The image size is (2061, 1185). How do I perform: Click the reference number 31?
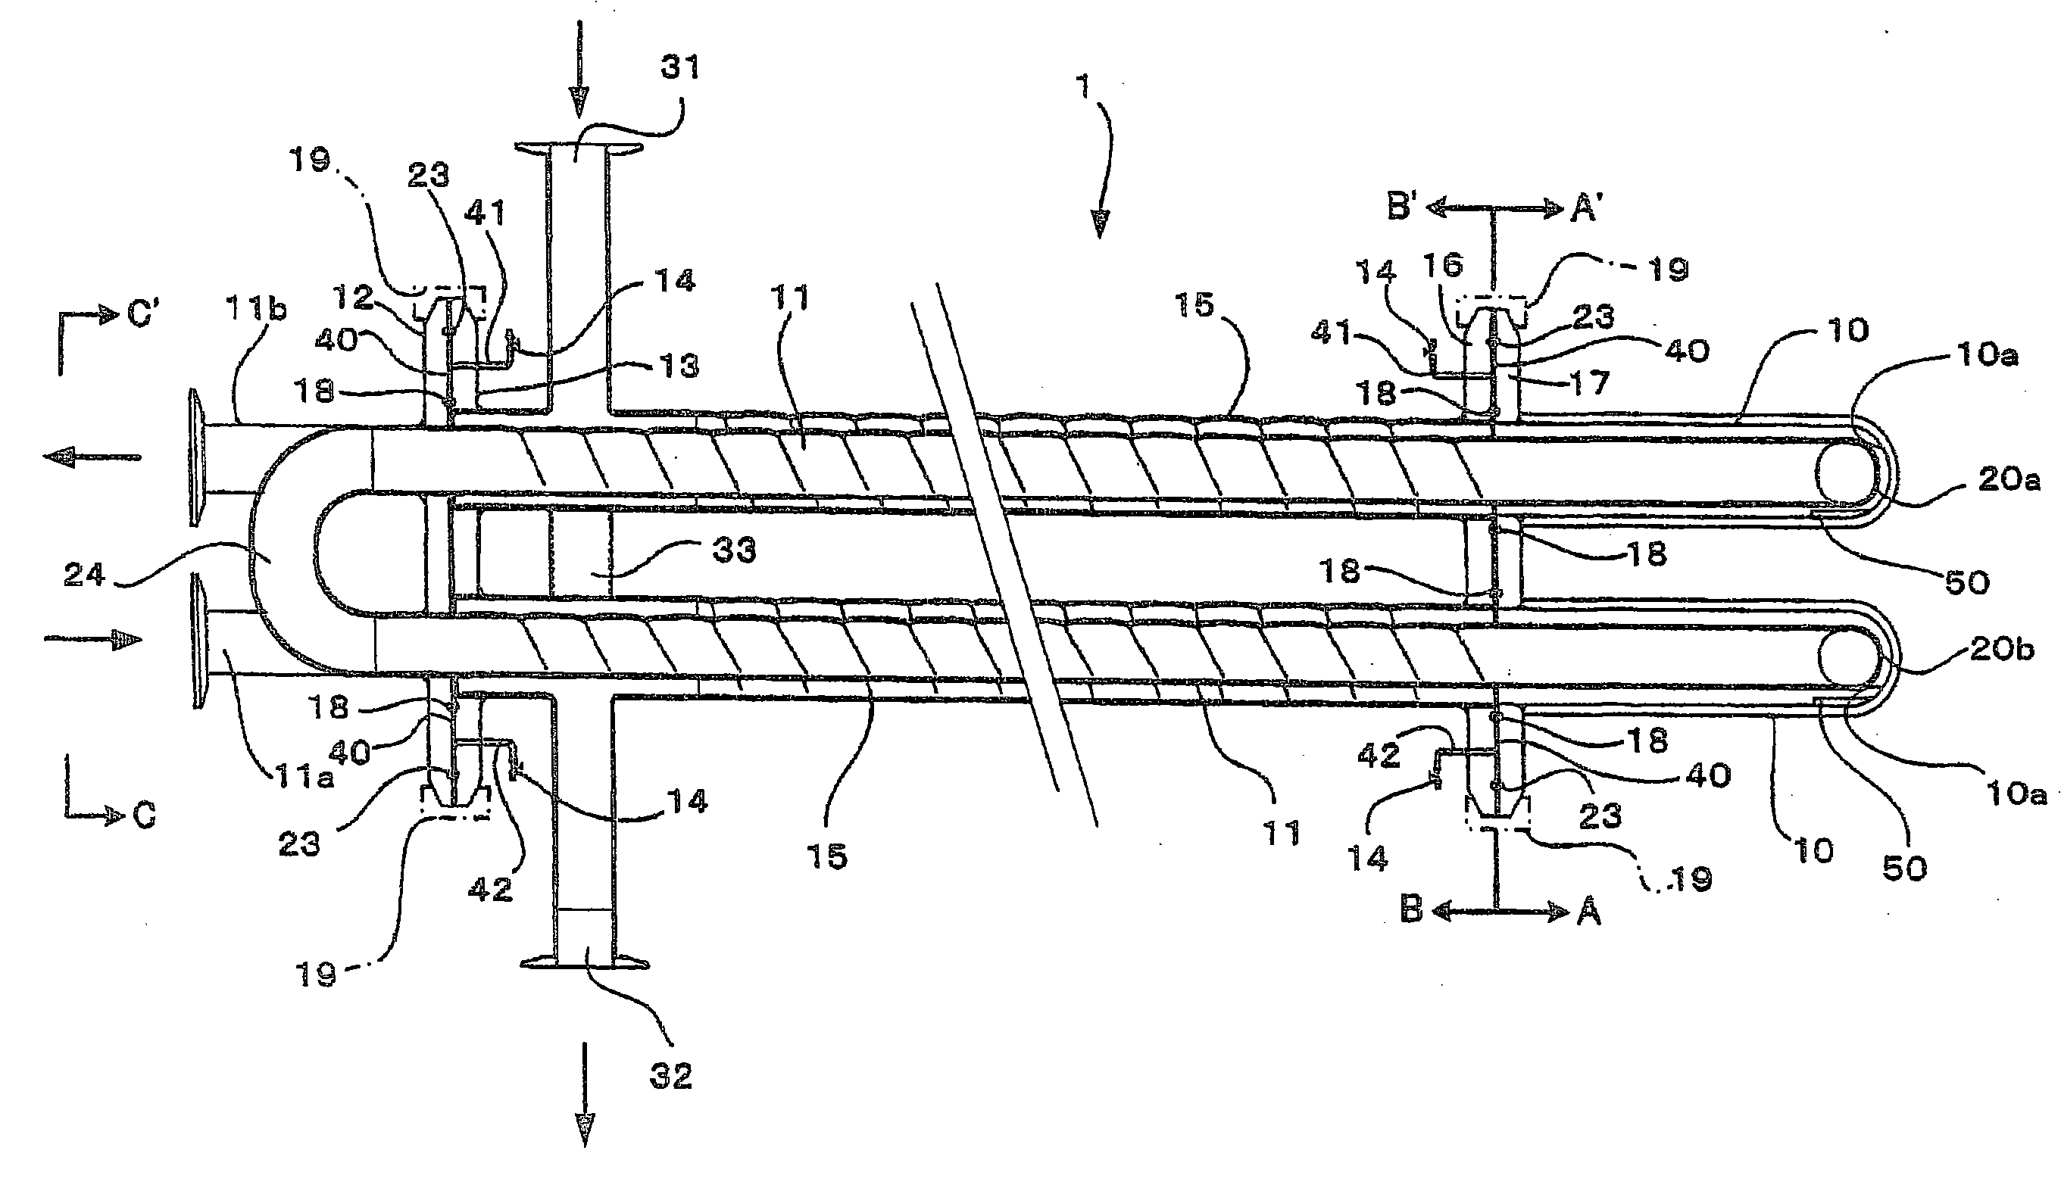pos(679,67)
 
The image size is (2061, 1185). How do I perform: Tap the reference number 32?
pos(671,1076)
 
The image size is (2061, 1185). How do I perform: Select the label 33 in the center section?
pos(733,551)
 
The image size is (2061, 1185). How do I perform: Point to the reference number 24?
pos(85,575)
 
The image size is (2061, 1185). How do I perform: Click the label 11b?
pos(258,310)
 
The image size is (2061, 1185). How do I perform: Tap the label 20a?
pos(2009,480)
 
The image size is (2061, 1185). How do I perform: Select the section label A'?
pos(1586,210)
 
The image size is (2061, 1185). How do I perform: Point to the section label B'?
pos(1402,208)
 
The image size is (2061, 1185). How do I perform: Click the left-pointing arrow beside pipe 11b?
pos(91,458)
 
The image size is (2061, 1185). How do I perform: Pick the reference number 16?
pos(1443,265)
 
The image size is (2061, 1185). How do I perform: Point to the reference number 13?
pos(679,366)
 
